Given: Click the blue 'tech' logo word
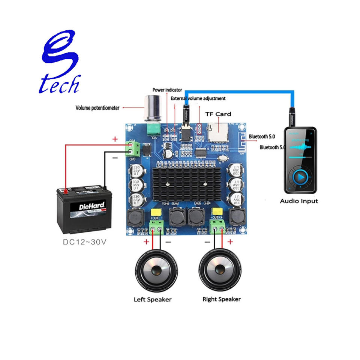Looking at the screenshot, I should click(60, 84).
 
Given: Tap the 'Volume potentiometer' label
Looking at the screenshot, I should click(97, 108).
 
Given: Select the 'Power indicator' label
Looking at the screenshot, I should click(167, 90).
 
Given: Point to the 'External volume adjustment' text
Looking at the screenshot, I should click(198, 99).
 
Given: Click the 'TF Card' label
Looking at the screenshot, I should click(218, 114).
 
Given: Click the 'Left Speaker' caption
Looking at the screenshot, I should click(153, 299).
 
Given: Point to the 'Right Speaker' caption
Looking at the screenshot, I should click(222, 299).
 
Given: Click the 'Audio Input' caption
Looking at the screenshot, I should click(299, 201).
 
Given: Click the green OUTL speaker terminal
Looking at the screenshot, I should click(156, 226).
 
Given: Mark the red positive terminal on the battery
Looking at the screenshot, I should click(66, 191).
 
